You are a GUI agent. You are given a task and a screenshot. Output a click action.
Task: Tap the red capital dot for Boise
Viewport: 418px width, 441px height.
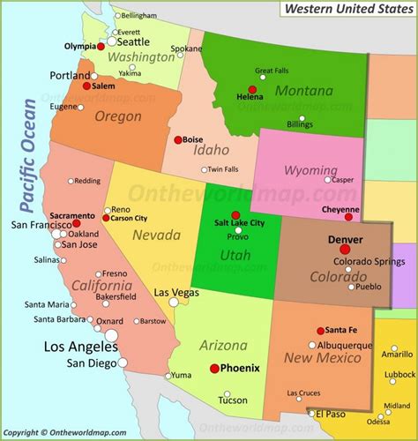point(178,138)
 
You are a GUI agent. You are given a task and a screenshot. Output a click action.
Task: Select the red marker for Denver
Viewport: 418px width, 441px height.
point(345,250)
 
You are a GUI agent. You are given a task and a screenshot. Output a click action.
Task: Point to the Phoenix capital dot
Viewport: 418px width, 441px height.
point(214,369)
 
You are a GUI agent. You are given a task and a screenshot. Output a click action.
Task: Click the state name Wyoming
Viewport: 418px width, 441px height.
point(310,169)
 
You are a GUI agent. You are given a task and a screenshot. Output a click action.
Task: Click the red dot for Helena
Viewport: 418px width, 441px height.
point(252,89)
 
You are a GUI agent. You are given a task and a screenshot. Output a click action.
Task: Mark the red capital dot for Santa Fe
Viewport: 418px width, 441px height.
point(320,331)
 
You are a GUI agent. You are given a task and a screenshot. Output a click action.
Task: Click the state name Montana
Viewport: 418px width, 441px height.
point(303,91)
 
